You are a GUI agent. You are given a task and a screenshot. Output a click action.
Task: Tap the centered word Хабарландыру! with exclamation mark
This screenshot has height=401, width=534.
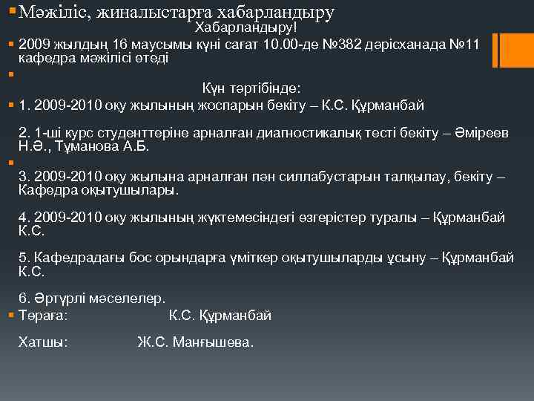pyautogui.click(x=245, y=27)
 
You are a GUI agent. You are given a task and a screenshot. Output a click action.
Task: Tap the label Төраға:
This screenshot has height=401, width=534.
pyautogui.click(x=44, y=316)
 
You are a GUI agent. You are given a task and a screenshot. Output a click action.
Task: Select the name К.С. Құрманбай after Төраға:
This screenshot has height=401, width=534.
pyautogui.click(x=220, y=316)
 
